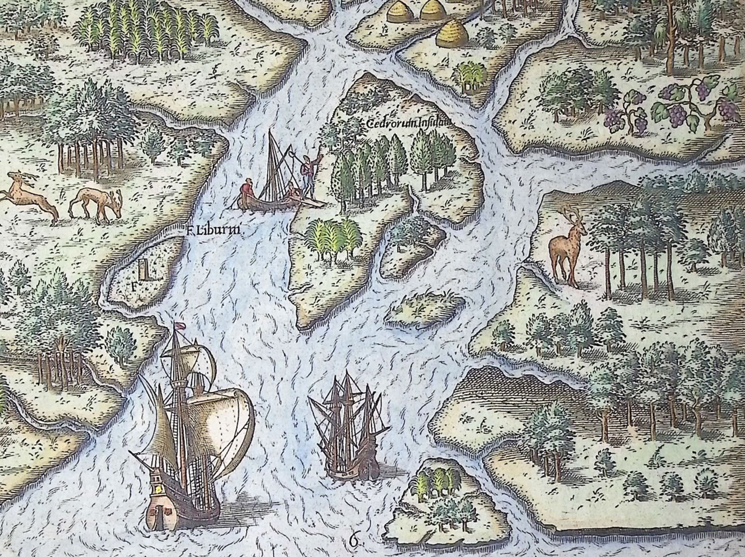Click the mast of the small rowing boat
(x=271, y=163)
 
